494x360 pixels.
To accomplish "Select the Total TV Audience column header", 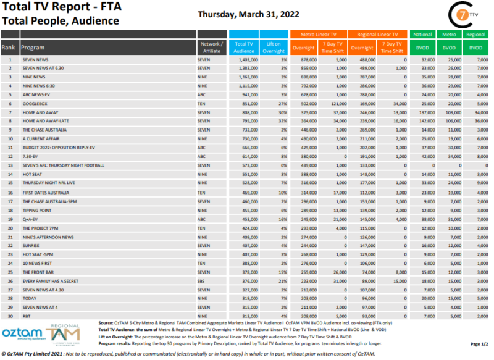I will click(244, 47).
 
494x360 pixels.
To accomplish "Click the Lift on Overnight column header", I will click(273, 47).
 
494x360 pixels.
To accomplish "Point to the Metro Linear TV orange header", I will click(318, 35).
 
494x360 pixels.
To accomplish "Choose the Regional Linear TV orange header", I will click(378, 35).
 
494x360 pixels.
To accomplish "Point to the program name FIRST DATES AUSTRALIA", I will click(48, 193).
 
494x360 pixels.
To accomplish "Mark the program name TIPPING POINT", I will click(38, 210).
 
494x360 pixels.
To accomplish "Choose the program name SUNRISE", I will click(31, 246).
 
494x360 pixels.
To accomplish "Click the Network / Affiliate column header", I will click(212, 47).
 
